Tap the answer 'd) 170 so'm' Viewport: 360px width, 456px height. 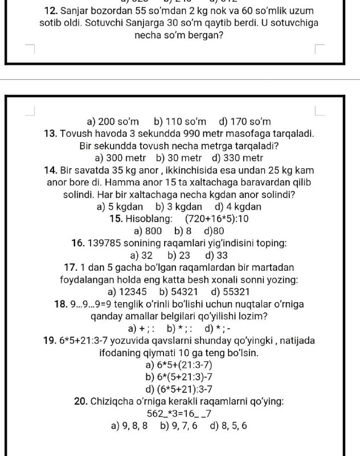(244, 121)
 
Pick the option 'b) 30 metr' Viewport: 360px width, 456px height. (179, 158)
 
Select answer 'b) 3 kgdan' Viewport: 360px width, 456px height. (179, 206)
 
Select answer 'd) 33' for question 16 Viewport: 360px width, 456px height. (216, 255)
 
